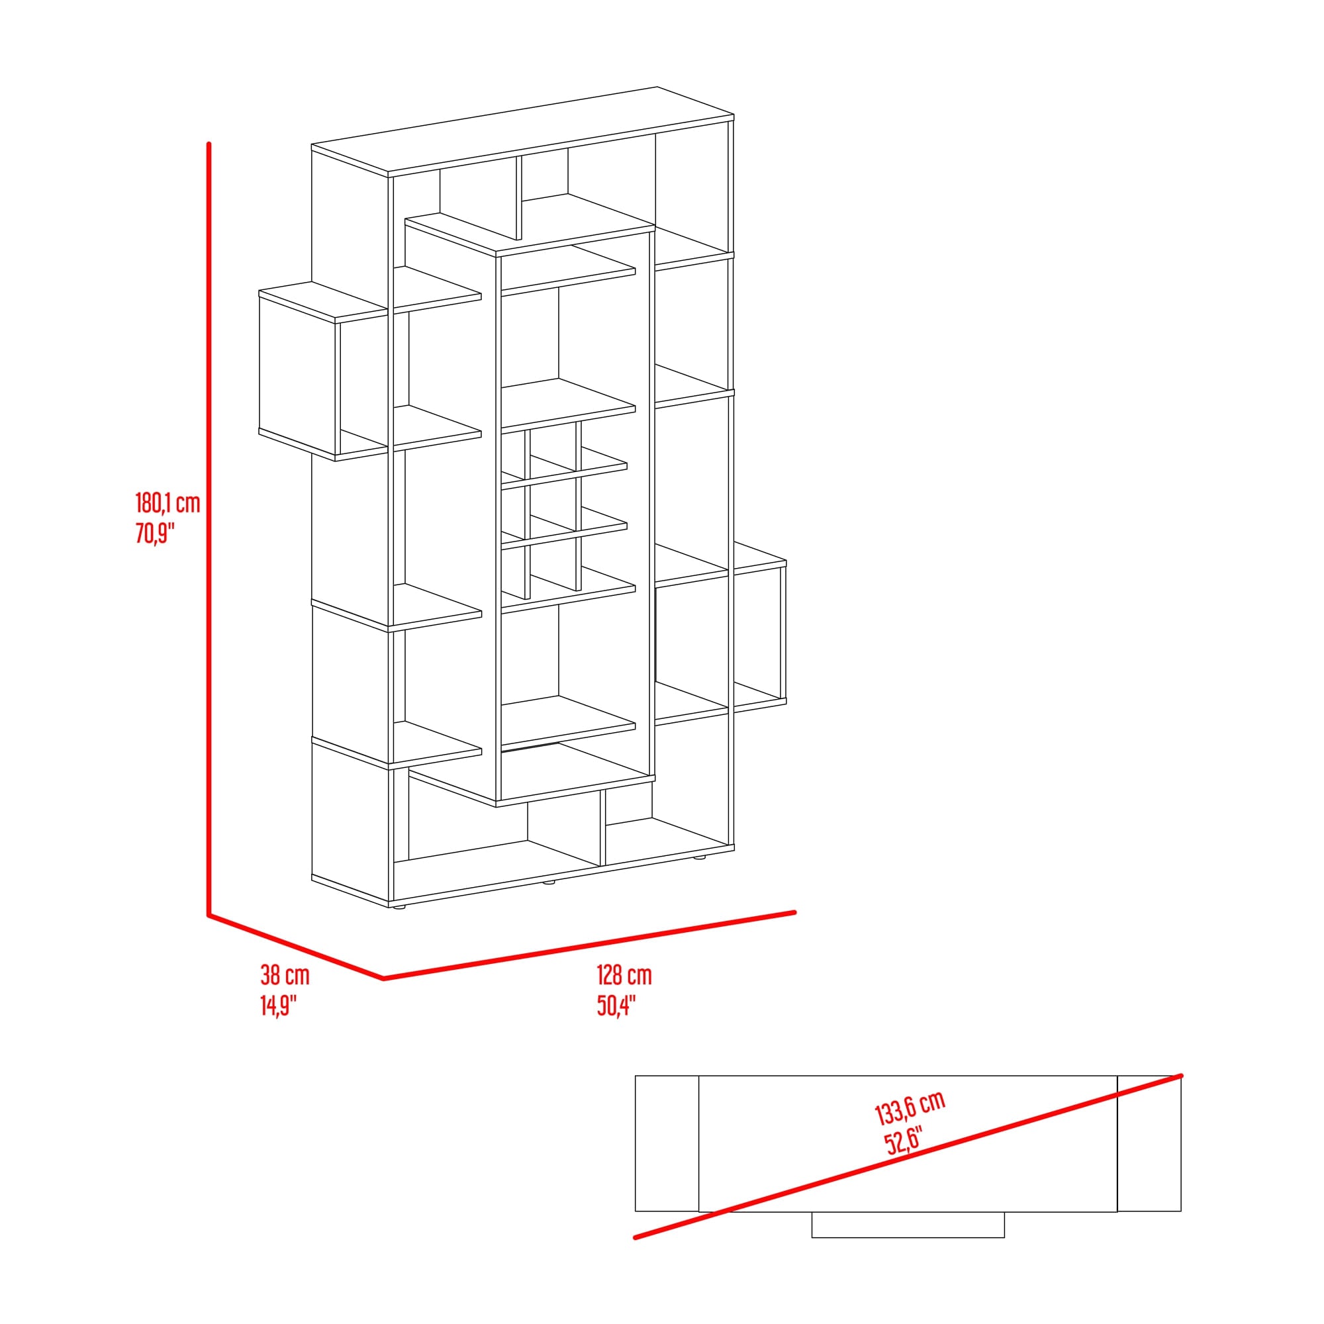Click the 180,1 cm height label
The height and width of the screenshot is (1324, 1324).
tap(168, 503)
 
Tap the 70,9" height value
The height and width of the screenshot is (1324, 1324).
tap(155, 532)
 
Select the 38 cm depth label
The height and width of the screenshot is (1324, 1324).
tap(285, 974)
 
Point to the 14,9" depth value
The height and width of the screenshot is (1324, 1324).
tap(278, 1006)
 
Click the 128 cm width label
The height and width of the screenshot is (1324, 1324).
tap(624, 974)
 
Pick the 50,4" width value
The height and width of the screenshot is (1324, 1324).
tap(616, 1006)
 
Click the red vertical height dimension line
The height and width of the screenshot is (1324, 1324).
tap(209, 529)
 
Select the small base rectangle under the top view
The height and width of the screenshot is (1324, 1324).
tap(908, 1225)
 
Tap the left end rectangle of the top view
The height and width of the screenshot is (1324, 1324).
tap(667, 1144)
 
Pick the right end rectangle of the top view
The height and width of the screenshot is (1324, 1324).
tap(1149, 1144)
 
